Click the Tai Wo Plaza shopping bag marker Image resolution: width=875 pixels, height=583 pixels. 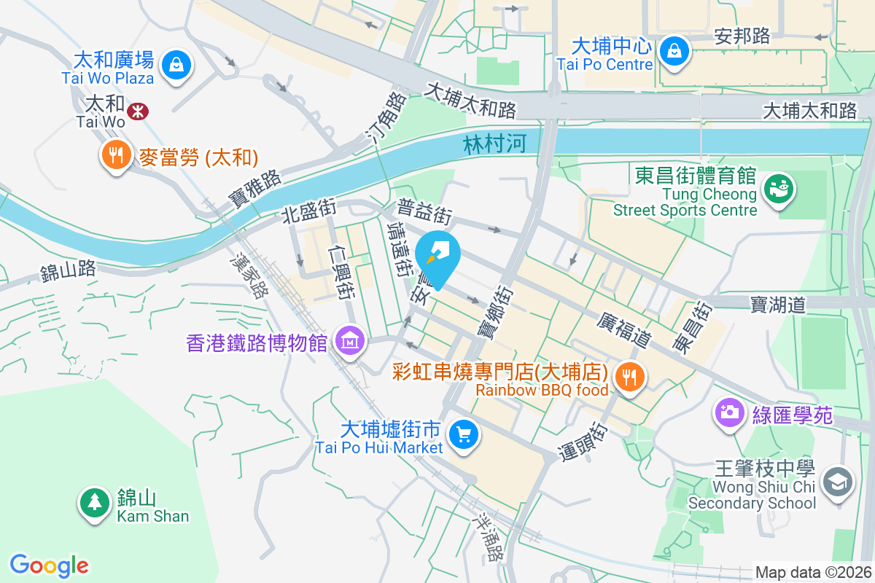(176, 64)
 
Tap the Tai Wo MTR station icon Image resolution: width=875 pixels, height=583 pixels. (136, 111)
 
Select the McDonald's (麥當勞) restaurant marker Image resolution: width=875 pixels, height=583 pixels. (115, 155)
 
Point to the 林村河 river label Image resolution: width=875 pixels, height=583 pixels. (494, 144)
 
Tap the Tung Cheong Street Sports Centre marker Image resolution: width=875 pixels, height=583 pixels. (777, 188)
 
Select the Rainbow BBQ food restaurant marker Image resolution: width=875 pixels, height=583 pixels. (627, 377)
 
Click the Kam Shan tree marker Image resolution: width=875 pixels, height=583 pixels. (93, 501)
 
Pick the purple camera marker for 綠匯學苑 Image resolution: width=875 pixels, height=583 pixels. (728, 412)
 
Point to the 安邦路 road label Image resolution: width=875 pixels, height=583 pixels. (742, 36)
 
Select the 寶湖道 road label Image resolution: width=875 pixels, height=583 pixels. (778, 304)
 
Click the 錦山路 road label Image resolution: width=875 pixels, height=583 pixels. (69, 271)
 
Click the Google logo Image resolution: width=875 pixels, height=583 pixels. (49, 566)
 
